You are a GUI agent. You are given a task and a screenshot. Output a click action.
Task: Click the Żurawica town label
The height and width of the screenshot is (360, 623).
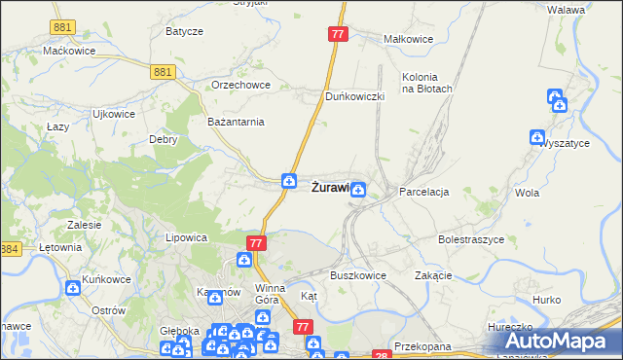[330, 188]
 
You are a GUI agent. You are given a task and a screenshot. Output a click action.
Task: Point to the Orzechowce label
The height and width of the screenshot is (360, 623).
[239, 85]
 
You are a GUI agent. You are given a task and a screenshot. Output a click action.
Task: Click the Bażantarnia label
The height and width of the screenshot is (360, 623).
[237, 122]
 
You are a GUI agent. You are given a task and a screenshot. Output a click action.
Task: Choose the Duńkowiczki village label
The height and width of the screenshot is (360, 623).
[355, 97]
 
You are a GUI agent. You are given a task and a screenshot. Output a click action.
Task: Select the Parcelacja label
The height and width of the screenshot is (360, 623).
[423, 193]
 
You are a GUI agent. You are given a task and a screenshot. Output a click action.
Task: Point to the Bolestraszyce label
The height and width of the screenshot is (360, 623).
[470, 238]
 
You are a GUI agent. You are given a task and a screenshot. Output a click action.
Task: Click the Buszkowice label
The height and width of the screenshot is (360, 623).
[358, 275]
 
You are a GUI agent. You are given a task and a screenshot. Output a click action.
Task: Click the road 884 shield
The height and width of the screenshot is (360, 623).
[10, 250]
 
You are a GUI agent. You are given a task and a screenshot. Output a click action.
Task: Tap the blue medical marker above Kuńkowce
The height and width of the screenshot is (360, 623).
[74, 287]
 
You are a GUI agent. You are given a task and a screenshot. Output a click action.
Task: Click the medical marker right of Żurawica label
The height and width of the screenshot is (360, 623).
[359, 190]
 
